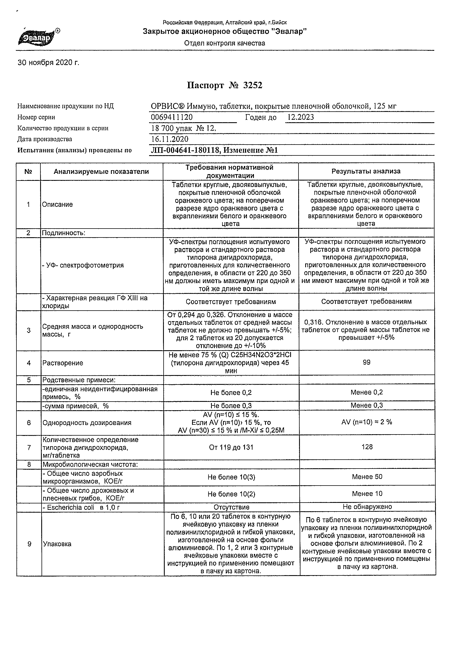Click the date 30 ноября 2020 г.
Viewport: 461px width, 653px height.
[x=48, y=63]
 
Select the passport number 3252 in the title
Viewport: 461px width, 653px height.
[x=253, y=85]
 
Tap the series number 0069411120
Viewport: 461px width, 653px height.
[x=172, y=117]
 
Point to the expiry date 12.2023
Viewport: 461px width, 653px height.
[x=300, y=117]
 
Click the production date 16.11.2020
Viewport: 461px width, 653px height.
[x=169, y=139]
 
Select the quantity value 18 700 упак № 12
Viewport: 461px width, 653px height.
[x=183, y=128]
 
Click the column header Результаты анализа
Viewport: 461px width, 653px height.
[x=366, y=171]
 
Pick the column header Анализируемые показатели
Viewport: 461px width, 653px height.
[x=101, y=172]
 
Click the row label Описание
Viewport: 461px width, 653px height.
[x=57, y=205]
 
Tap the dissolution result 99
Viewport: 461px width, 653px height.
[x=367, y=362]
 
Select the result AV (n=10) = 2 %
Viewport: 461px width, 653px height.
[x=367, y=422]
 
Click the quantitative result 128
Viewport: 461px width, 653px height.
[x=367, y=447]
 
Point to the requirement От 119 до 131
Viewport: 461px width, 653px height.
[x=231, y=447]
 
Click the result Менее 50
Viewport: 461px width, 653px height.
[x=367, y=477]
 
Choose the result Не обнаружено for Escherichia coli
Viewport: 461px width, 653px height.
[x=367, y=506]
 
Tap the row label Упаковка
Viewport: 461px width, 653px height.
[x=57, y=544]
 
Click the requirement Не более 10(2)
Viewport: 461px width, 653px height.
[x=231, y=494]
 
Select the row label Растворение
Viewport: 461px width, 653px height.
[x=63, y=363]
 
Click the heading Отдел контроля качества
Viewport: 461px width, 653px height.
[x=224, y=43]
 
